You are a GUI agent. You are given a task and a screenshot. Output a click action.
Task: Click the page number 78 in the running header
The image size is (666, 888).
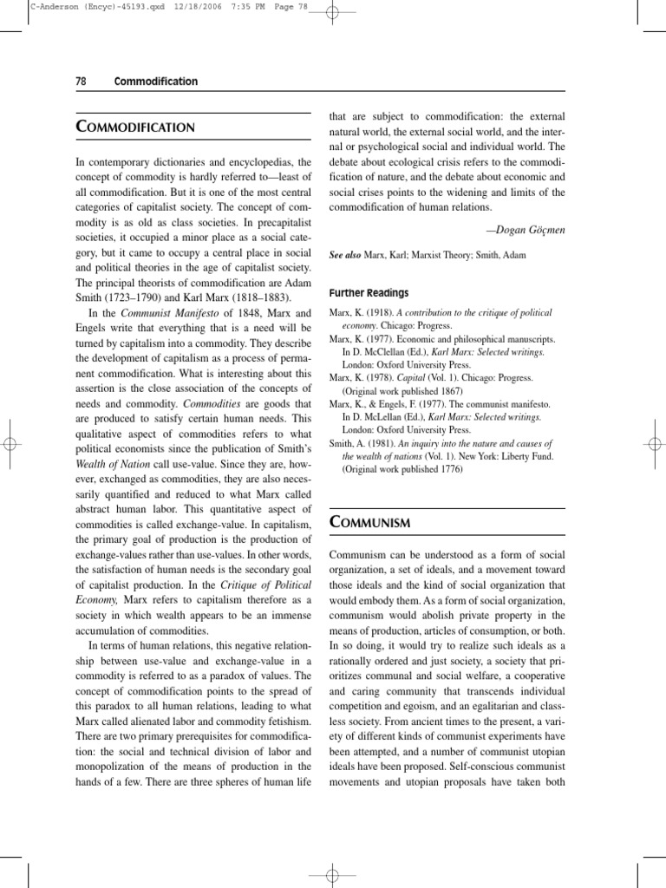point(81,82)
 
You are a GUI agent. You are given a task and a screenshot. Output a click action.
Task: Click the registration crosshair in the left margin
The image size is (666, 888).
point(10,443)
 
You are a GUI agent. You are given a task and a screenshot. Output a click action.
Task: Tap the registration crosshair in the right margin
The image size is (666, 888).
point(656,443)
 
